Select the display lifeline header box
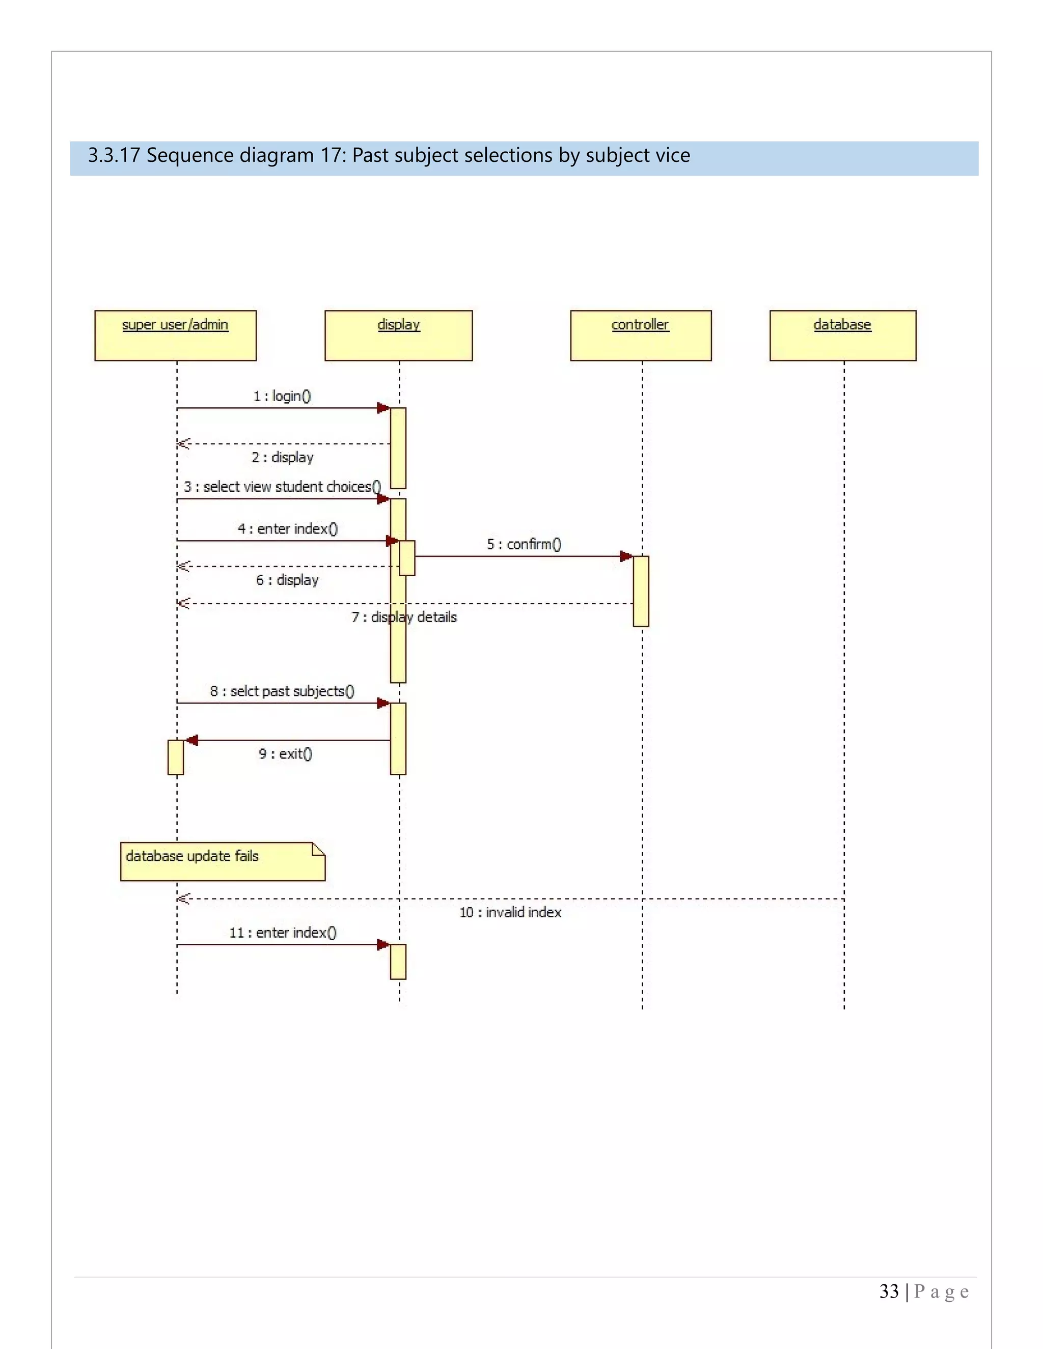(x=399, y=335)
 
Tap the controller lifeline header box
(x=641, y=335)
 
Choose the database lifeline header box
(x=843, y=335)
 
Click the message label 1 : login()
(x=282, y=396)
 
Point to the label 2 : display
(x=282, y=458)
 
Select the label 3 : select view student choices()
(x=282, y=487)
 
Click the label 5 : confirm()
(x=524, y=544)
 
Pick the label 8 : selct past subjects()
(x=282, y=691)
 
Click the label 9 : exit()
(x=286, y=753)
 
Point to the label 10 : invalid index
(x=510, y=912)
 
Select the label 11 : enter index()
(x=283, y=933)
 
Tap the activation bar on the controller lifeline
(x=641, y=591)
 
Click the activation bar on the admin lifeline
(x=176, y=757)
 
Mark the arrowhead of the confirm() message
(x=626, y=556)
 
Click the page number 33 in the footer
(x=889, y=1291)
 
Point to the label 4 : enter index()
(x=287, y=529)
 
